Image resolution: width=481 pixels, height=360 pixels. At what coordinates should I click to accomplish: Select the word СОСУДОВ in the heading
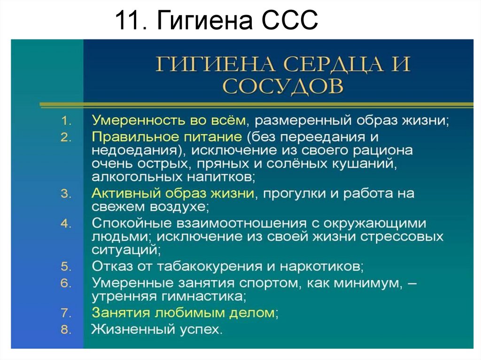(283, 86)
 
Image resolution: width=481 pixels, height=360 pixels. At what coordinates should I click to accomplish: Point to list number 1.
(66, 121)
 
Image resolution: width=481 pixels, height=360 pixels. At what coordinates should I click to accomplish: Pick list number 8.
(66, 329)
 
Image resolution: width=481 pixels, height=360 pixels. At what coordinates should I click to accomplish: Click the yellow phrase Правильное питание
(167, 137)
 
